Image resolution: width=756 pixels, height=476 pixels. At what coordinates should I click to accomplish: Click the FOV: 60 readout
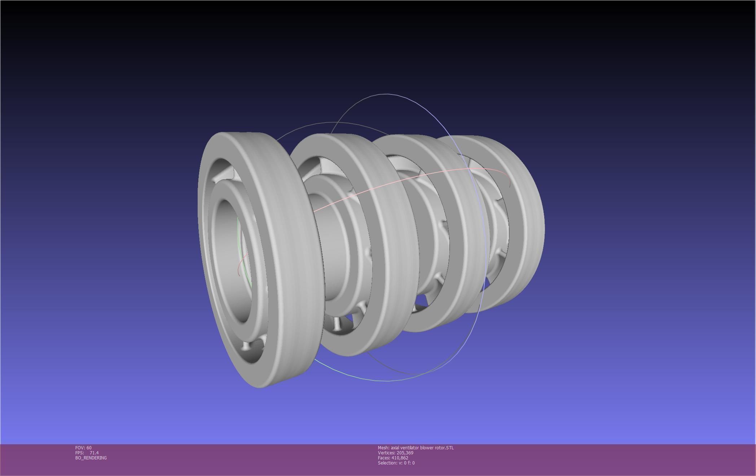83,448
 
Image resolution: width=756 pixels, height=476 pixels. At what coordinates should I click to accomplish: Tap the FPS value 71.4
94,453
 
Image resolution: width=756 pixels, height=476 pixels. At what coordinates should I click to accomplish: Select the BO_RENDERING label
91,458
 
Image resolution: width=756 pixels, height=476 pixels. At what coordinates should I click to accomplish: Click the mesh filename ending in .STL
416,448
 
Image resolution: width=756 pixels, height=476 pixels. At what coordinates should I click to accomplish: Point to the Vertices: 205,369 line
395,453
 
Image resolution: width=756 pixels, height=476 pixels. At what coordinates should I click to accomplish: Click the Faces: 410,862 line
393,458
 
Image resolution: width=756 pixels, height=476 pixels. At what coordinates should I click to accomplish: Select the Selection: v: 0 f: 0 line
396,463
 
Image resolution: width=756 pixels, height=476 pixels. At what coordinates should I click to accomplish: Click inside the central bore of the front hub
231,260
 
